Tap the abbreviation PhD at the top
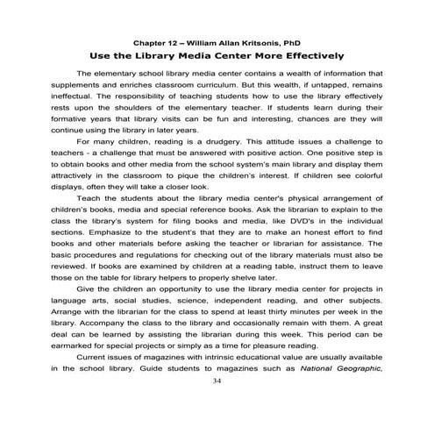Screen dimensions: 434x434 (293, 41)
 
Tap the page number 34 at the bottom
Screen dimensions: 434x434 (217, 383)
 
